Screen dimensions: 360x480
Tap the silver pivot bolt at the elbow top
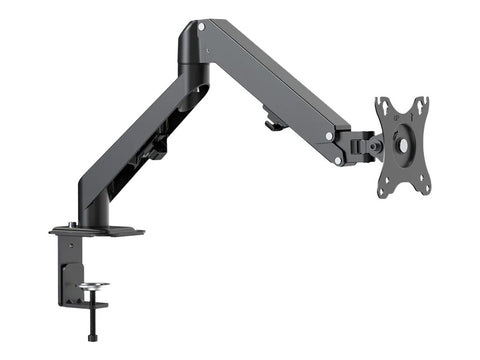(202, 27)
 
